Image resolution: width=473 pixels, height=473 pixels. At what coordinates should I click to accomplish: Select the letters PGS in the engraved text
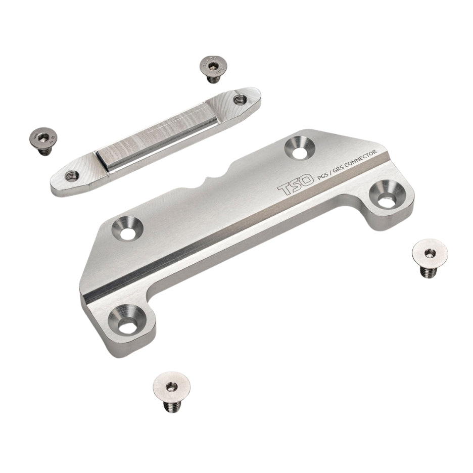pos(322,178)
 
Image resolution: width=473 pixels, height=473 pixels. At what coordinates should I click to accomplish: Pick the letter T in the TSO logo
pos(283,191)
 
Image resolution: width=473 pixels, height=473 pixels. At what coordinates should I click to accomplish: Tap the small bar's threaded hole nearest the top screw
pos(240,100)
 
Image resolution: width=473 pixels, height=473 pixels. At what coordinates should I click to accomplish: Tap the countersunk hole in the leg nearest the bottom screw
pos(127,319)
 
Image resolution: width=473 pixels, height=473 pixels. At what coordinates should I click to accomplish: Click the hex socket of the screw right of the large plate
pos(430,253)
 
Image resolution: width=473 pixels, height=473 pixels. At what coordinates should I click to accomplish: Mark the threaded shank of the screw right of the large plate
pos(429,271)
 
